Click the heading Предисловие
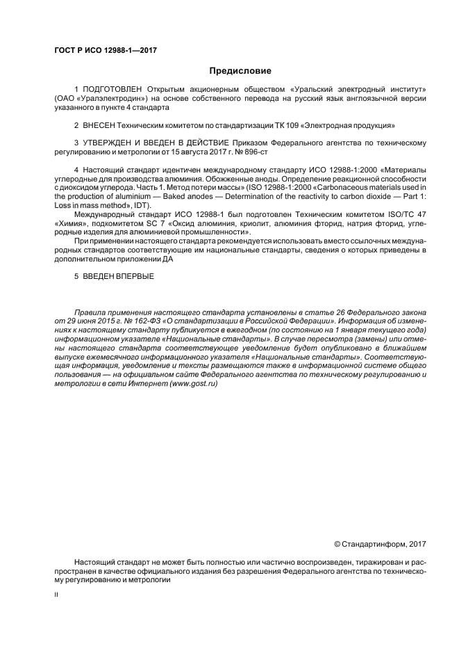click(x=241, y=71)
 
